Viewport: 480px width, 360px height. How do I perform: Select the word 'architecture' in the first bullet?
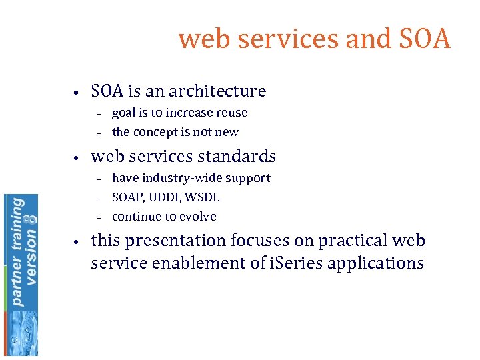pos(217,91)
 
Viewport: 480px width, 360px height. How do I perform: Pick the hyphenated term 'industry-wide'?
pos(175,178)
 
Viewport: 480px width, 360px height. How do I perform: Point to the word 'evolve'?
pos(199,217)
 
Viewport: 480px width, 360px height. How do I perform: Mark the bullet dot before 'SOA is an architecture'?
pos(77,92)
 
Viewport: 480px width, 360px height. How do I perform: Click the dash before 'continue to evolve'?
pos(98,217)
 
